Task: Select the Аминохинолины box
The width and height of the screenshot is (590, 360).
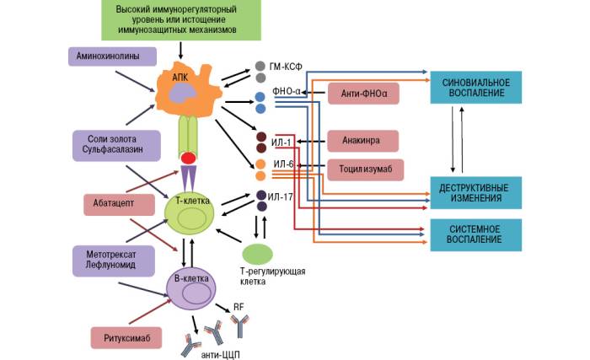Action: click(111, 56)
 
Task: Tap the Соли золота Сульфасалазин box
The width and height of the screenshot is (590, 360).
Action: click(113, 143)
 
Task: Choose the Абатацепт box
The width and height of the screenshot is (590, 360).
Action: click(119, 203)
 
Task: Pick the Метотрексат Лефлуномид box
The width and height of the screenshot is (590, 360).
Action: click(112, 258)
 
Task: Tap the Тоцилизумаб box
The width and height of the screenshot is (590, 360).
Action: click(365, 169)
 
